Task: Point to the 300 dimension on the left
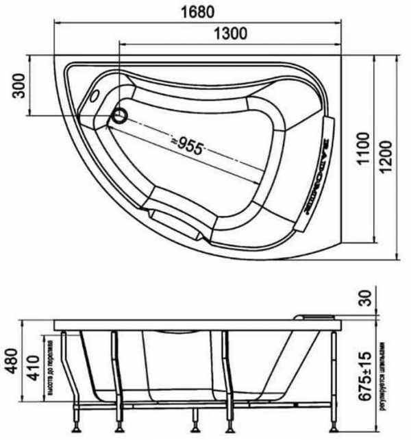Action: [18, 86]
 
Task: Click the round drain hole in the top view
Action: [120, 116]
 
